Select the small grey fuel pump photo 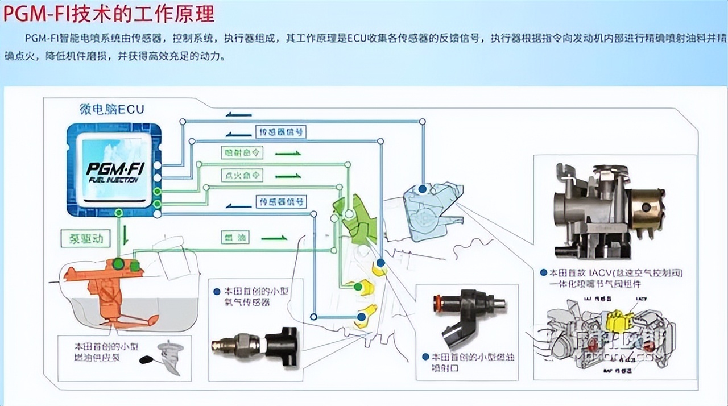pos(168,357)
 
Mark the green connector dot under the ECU pos(119,213)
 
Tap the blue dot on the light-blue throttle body pos(422,188)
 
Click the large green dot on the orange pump pos(119,264)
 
